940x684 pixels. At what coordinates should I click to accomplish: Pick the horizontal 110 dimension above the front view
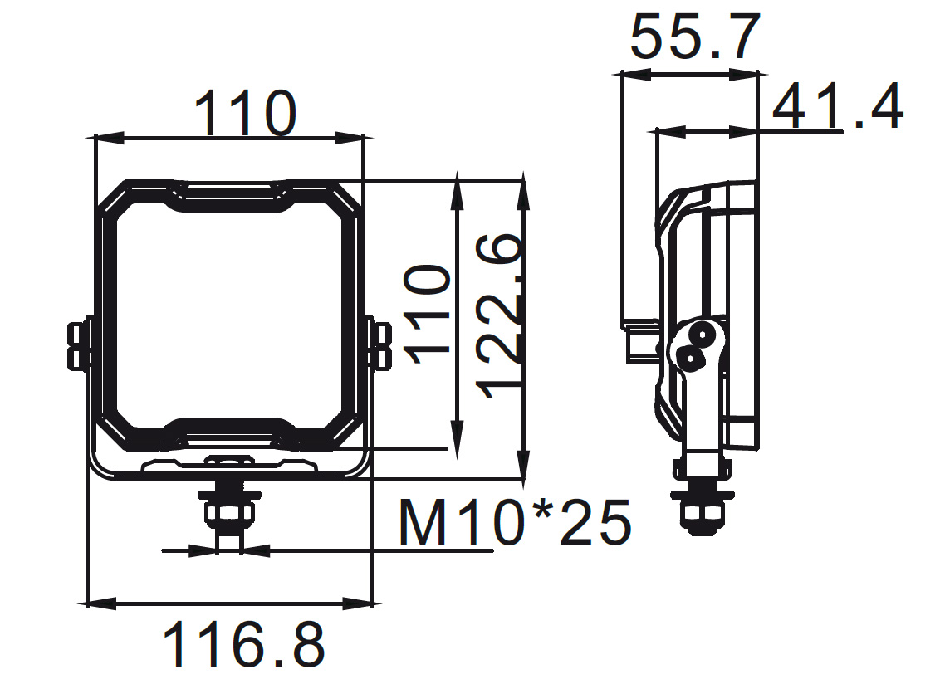245,114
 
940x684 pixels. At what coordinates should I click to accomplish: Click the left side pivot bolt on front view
77,344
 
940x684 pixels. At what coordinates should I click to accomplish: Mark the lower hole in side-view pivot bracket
689,357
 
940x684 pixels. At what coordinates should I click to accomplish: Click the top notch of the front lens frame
230,196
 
